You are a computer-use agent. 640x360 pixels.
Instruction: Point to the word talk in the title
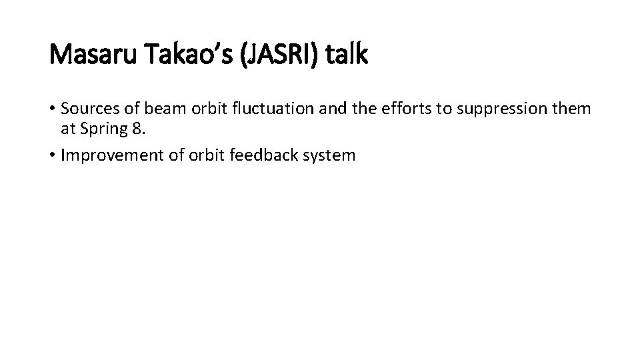click(x=346, y=55)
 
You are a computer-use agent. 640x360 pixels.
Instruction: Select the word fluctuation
click(x=267, y=109)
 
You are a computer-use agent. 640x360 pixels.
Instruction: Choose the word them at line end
click(x=573, y=109)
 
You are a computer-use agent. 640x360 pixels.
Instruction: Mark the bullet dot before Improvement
click(x=53, y=155)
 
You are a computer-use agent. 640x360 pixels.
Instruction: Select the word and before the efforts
click(x=323, y=109)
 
